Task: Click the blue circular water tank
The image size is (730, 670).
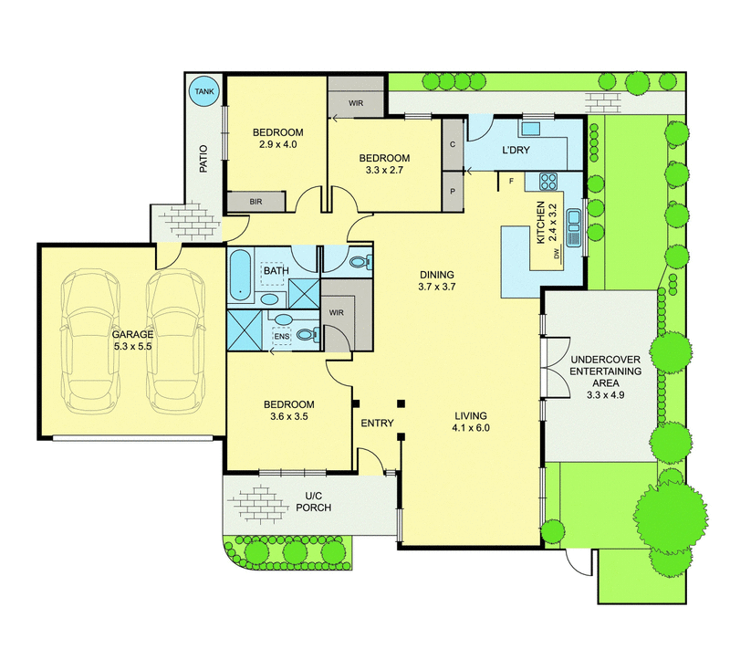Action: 202,91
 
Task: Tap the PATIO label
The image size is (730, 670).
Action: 203,161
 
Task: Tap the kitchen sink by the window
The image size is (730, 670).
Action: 575,227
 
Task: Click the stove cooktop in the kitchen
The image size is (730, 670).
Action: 549,180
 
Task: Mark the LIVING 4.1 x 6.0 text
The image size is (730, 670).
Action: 472,421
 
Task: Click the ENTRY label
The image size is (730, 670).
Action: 377,424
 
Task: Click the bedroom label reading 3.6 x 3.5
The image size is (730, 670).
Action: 289,411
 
